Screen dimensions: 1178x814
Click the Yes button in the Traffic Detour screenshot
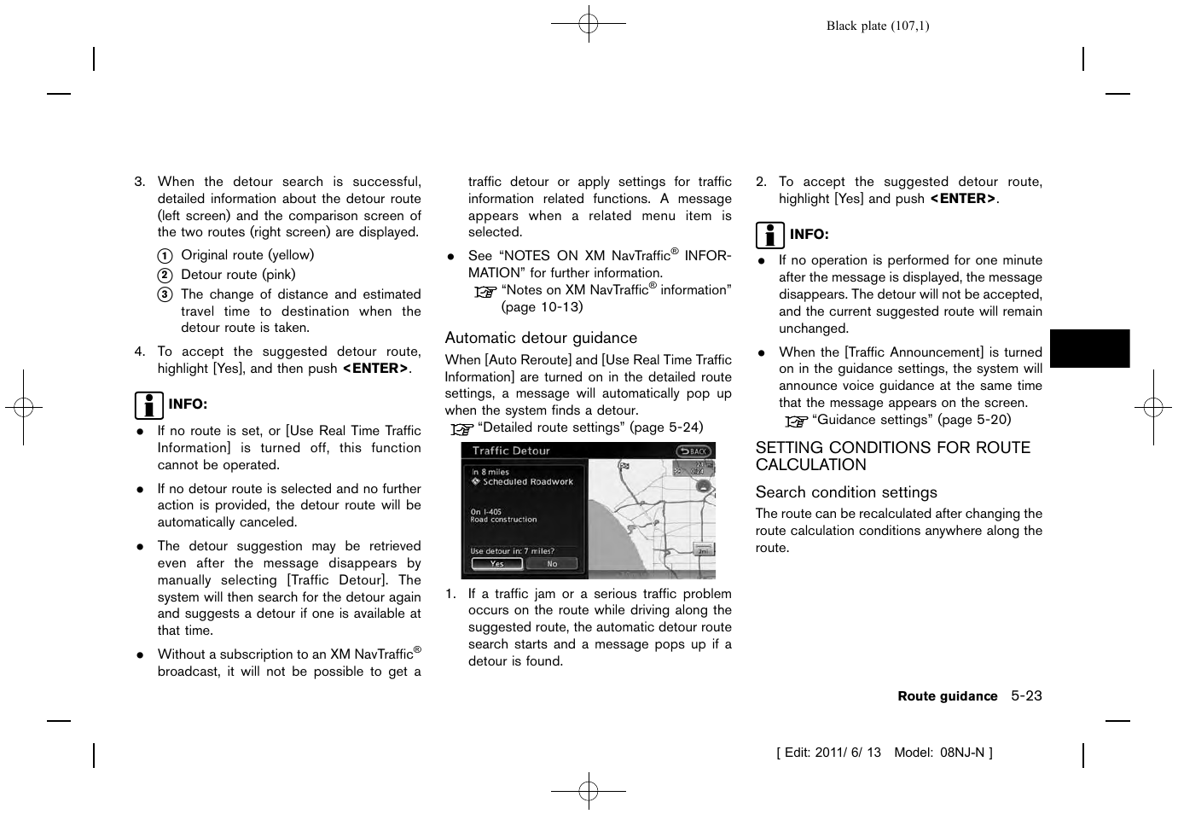[496, 564]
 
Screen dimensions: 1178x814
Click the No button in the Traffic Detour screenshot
[552, 564]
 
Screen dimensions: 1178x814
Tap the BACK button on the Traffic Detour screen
[693, 451]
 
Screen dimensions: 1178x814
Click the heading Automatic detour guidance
[541, 338]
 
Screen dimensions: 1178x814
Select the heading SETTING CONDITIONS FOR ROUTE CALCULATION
[892, 456]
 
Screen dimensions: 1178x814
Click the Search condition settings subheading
[845, 492]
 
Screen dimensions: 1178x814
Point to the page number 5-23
[1026, 695]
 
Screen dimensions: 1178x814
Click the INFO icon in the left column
[148, 404]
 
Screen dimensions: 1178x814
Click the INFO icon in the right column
[769, 235]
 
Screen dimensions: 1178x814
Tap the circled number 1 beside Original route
[165, 256]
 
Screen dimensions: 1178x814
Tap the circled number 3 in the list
[165, 295]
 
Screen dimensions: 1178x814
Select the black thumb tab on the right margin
[1089, 348]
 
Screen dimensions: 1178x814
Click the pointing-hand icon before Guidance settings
[796, 421]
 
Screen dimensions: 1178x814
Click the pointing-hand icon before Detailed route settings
[461, 428]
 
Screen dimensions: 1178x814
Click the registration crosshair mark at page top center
[589, 24]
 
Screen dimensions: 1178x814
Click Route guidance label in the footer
[947, 696]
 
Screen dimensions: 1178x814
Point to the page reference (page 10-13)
[542, 307]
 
